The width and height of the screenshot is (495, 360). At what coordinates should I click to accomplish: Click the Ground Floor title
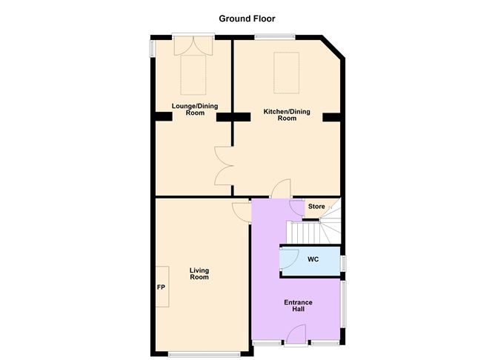tap(247, 19)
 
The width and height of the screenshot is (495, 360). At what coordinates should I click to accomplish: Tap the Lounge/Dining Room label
tap(194, 109)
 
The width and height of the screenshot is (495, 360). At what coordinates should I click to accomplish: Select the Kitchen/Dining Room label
tap(287, 116)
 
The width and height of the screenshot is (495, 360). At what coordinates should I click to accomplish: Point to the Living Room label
tap(199, 273)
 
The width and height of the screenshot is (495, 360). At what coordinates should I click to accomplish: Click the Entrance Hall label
tap(299, 306)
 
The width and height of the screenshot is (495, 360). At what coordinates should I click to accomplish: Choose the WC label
tap(313, 259)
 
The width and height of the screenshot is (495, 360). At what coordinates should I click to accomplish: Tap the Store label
tap(316, 207)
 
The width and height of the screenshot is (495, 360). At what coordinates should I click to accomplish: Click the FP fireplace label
tap(160, 287)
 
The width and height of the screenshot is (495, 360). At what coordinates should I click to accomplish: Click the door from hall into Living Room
tap(242, 210)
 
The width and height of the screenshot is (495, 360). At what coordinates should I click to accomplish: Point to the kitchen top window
tap(275, 36)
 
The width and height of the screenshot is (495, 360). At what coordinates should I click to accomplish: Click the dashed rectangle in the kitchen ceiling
tap(287, 73)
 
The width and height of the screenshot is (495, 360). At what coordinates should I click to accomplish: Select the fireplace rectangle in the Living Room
tap(162, 287)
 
